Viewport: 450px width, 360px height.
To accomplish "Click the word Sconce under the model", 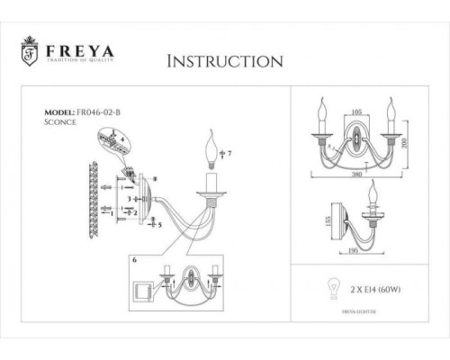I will click(60, 125).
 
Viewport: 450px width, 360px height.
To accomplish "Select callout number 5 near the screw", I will click(159, 225).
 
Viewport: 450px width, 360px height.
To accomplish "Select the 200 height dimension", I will click(406, 145).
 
